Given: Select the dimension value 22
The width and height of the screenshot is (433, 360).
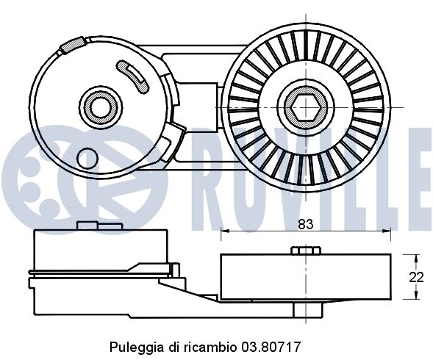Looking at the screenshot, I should coord(417,277).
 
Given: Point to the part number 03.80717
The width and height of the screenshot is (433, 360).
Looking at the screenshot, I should coord(274,345).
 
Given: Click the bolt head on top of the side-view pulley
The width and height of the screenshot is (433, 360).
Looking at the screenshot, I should coord(304,251).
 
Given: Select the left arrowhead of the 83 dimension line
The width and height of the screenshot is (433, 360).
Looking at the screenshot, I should coord(225,232).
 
